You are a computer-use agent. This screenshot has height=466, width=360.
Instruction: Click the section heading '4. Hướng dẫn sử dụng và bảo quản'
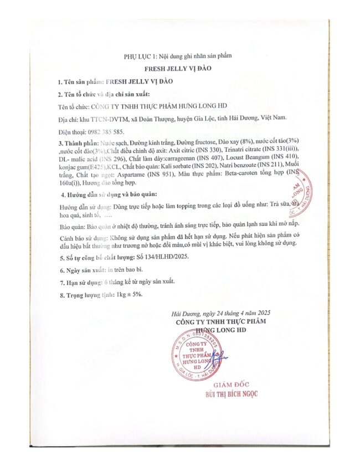[109, 195]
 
